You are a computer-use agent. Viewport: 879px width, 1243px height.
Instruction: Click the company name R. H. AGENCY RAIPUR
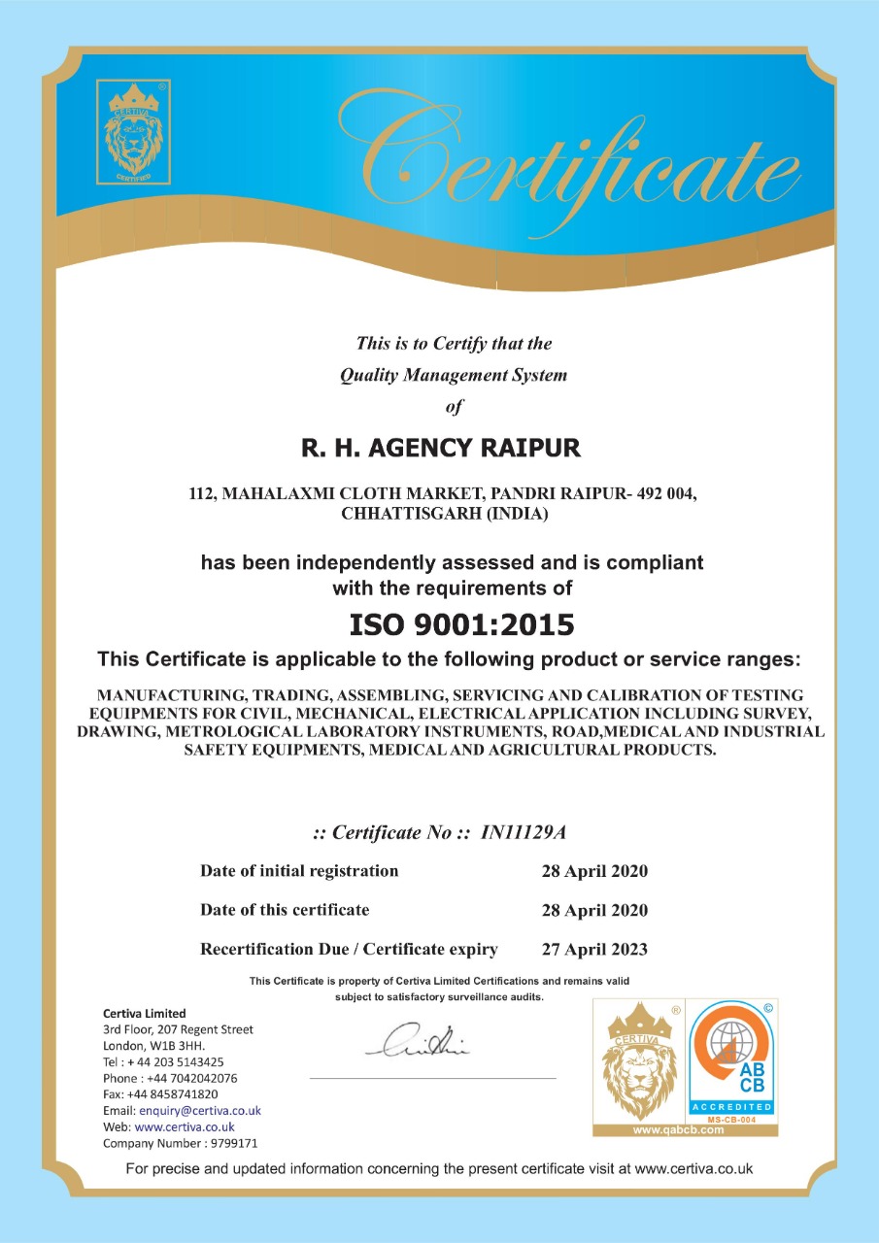pos(441,449)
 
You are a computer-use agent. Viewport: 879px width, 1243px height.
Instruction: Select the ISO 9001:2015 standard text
pos(461,623)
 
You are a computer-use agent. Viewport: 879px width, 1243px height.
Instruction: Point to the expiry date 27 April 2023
pos(593,949)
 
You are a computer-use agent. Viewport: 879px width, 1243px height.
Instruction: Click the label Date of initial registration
pos(299,870)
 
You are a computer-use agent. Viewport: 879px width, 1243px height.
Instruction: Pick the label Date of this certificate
pos(285,910)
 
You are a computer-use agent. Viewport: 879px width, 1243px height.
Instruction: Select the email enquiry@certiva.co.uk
pos(200,1110)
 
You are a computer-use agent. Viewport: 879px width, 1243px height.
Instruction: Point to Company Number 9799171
pos(181,1143)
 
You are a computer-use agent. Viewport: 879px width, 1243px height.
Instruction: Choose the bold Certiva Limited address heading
pos(144,1013)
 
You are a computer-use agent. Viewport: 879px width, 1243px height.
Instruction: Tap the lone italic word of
pos(454,407)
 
